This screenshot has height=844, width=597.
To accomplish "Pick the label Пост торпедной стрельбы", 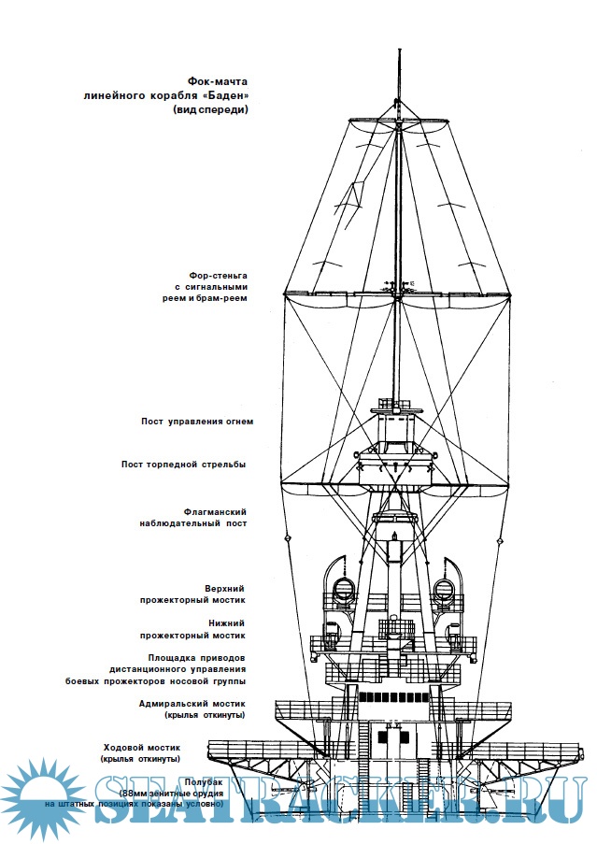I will click(183, 465).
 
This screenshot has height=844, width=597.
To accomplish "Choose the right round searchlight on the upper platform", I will click(444, 589).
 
